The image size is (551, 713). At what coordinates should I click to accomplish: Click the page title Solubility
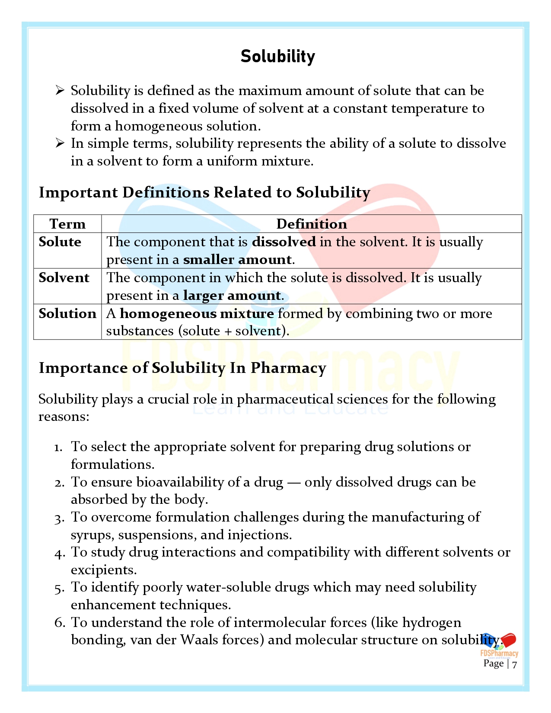pyautogui.click(x=277, y=57)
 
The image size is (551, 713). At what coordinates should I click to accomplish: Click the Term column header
pyautogui.click(x=67, y=224)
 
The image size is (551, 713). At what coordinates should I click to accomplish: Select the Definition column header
pyautogui.click(x=311, y=224)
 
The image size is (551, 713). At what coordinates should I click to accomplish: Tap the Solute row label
pyautogui.click(x=60, y=242)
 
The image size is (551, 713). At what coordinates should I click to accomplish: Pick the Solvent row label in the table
pyautogui.click(x=64, y=277)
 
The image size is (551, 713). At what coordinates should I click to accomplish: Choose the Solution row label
pyautogui.click(x=67, y=313)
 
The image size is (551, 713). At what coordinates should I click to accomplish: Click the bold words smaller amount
pyautogui.click(x=238, y=260)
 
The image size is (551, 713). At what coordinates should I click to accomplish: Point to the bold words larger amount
pyautogui.click(x=232, y=296)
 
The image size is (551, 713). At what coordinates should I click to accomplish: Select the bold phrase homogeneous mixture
pyautogui.click(x=197, y=313)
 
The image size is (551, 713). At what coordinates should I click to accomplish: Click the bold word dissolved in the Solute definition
pyautogui.click(x=284, y=242)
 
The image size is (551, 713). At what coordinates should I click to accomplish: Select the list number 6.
pyautogui.click(x=60, y=623)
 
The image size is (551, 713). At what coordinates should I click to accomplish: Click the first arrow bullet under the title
pyautogui.click(x=60, y=90)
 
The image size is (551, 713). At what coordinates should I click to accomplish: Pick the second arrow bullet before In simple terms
pyautogui.click(x=60, y=143)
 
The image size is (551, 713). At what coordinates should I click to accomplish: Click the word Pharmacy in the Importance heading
pyautogui.click(x=288, y=368)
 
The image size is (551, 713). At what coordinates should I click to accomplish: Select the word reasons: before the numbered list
pyautogui.click(x=64, y=417)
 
